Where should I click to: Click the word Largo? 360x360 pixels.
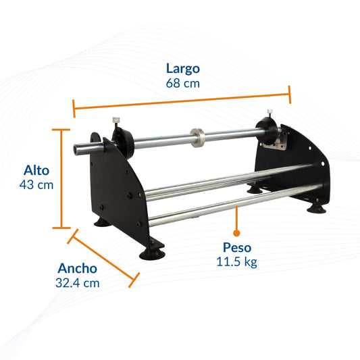click(183, 68)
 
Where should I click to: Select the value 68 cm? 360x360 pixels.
click(182, 84)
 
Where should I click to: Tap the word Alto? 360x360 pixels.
click(36, 170)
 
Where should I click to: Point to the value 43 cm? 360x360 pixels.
click(37, 185)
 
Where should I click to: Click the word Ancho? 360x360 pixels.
click(76, 267)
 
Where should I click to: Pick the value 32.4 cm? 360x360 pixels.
click(77, 283)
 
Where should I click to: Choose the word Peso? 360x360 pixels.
click(236, 247)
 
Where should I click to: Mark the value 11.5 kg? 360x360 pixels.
click(237, 262)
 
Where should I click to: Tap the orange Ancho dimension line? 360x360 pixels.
click(104, 256)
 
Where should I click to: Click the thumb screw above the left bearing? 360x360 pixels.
click(115, 122)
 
